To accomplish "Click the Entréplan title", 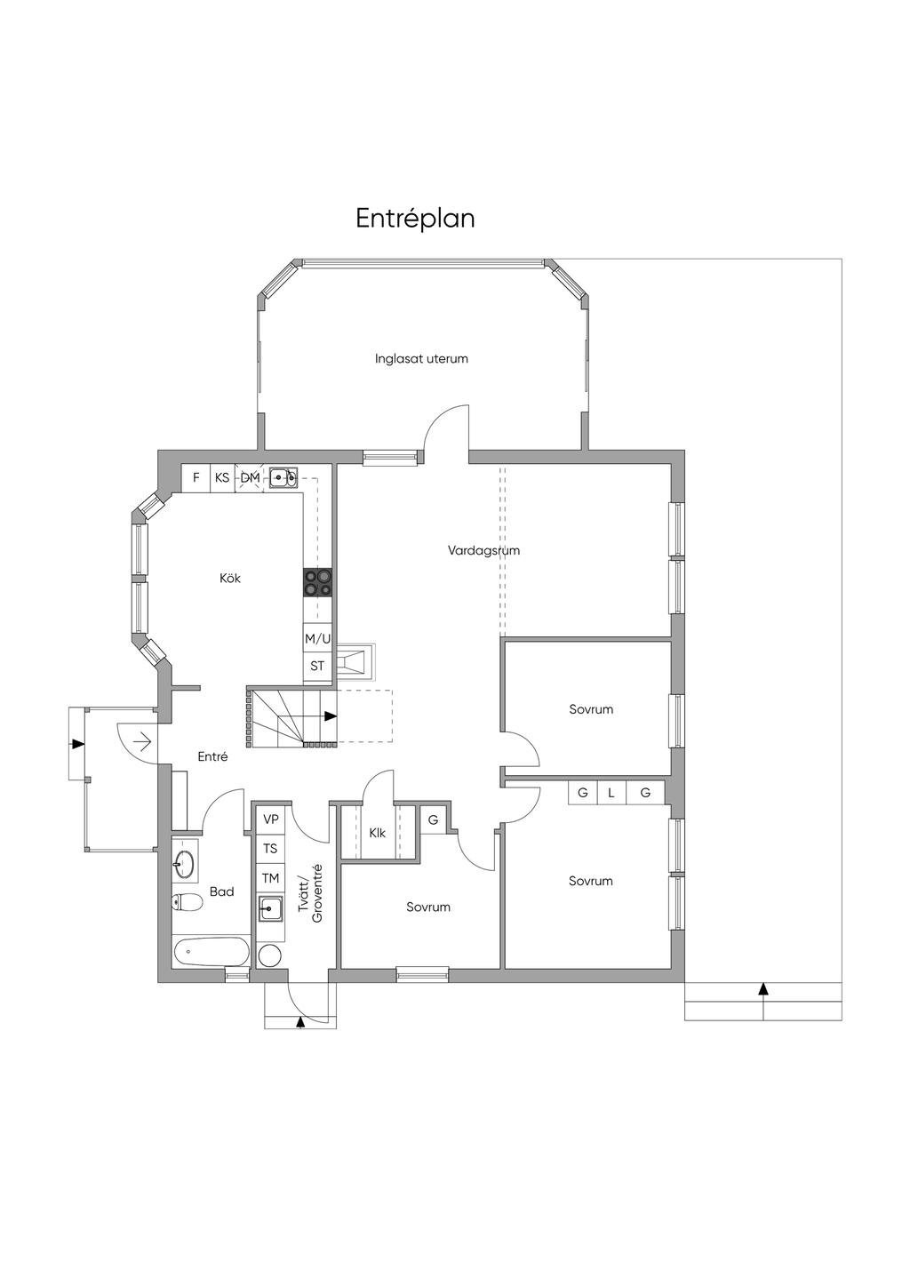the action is pos(415,219).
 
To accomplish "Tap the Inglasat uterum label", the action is pos(421,358).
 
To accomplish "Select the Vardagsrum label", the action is pos(483,550).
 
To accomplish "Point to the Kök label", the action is pos(230,578).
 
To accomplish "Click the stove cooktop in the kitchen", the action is pos(317,583).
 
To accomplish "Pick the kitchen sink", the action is pos(283,477).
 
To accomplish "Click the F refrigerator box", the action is pos(196,477).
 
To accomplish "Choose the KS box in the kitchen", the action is pos(222,477).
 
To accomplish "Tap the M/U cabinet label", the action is pos(317,638).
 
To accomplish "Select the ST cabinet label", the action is pos(317,666).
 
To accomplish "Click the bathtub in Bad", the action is pos(211,953).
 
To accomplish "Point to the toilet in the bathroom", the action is pos(187,903).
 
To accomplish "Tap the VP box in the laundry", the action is pos(270,819).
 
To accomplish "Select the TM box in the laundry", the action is pos(270,878).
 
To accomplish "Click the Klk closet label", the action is pos(378,833).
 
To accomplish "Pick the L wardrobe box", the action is pos(611,793).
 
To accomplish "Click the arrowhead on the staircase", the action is pos(331,716).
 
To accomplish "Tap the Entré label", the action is pos(212,756).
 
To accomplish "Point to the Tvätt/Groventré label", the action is pos(310,893).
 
